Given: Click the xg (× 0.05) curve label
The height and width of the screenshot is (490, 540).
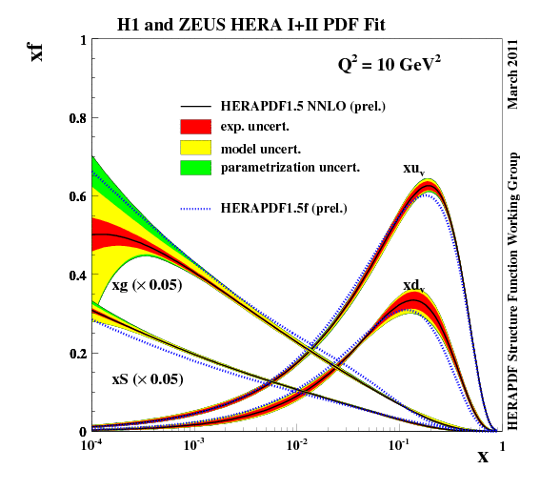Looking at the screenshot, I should [147, 284].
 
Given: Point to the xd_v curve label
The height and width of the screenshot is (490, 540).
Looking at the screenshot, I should [413, 285].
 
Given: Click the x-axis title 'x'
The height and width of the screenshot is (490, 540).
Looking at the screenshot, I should [483, 457].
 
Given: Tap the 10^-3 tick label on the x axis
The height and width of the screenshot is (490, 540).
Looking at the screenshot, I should [194, 445].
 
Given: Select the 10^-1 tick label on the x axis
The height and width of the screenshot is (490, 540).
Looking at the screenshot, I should [400, 445].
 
